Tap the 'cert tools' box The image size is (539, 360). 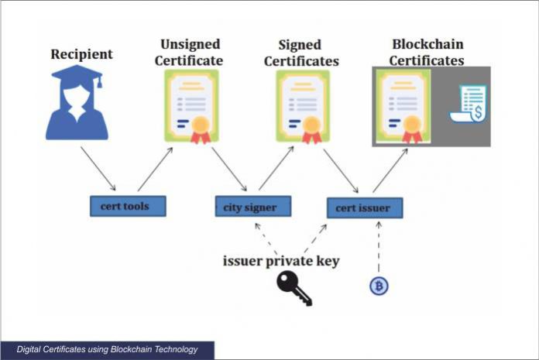tap(125, 207)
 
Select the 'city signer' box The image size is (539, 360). tap(245, 207)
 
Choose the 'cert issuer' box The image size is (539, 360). tap(364, 207)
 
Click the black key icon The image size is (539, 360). tap(294, 288)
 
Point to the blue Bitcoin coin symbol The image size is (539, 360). tap(379, 286)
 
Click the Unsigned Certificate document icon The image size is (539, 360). tap(191, 106)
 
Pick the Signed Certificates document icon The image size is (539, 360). tap(303, 107)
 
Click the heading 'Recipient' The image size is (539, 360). tap(82, 54)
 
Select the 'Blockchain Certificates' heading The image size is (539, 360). tap(427, 52)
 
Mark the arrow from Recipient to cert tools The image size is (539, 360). tap(98, 169)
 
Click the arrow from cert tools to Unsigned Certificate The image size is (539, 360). tap(156, 168)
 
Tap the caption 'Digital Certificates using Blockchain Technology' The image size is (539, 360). tap(107, 350)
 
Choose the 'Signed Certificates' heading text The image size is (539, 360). tap(301, 52)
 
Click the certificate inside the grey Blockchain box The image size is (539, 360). tap(403, 107)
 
